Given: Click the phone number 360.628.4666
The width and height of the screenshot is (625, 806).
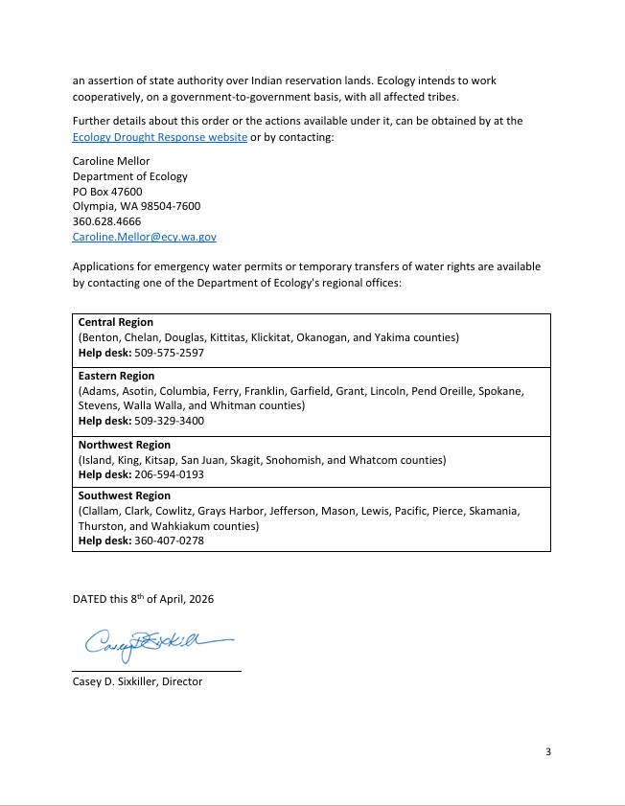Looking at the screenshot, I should (106, 220).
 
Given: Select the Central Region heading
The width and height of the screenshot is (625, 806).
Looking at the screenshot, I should (115, 322).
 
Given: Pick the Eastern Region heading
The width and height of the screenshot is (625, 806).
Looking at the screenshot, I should (116, 376).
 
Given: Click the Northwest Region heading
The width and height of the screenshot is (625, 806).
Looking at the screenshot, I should (124, 445).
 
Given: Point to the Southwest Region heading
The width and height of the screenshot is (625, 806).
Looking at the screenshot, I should (124, 495).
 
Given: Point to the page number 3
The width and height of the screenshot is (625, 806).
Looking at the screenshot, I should (547, 751).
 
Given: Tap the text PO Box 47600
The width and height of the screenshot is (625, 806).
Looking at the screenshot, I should (107, 191).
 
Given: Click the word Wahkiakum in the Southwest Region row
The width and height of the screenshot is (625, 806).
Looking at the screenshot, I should (178, 526).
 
